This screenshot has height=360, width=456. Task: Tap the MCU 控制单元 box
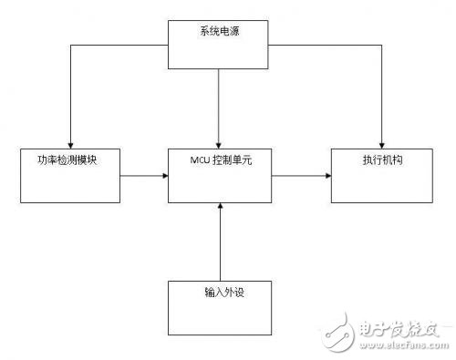coord(219,176)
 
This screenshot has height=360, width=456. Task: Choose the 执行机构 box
coord(368,176)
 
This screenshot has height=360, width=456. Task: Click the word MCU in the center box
coord(200,161)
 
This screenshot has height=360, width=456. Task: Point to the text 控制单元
coord(232,161)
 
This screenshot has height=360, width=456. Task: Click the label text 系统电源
coord(218,33)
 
